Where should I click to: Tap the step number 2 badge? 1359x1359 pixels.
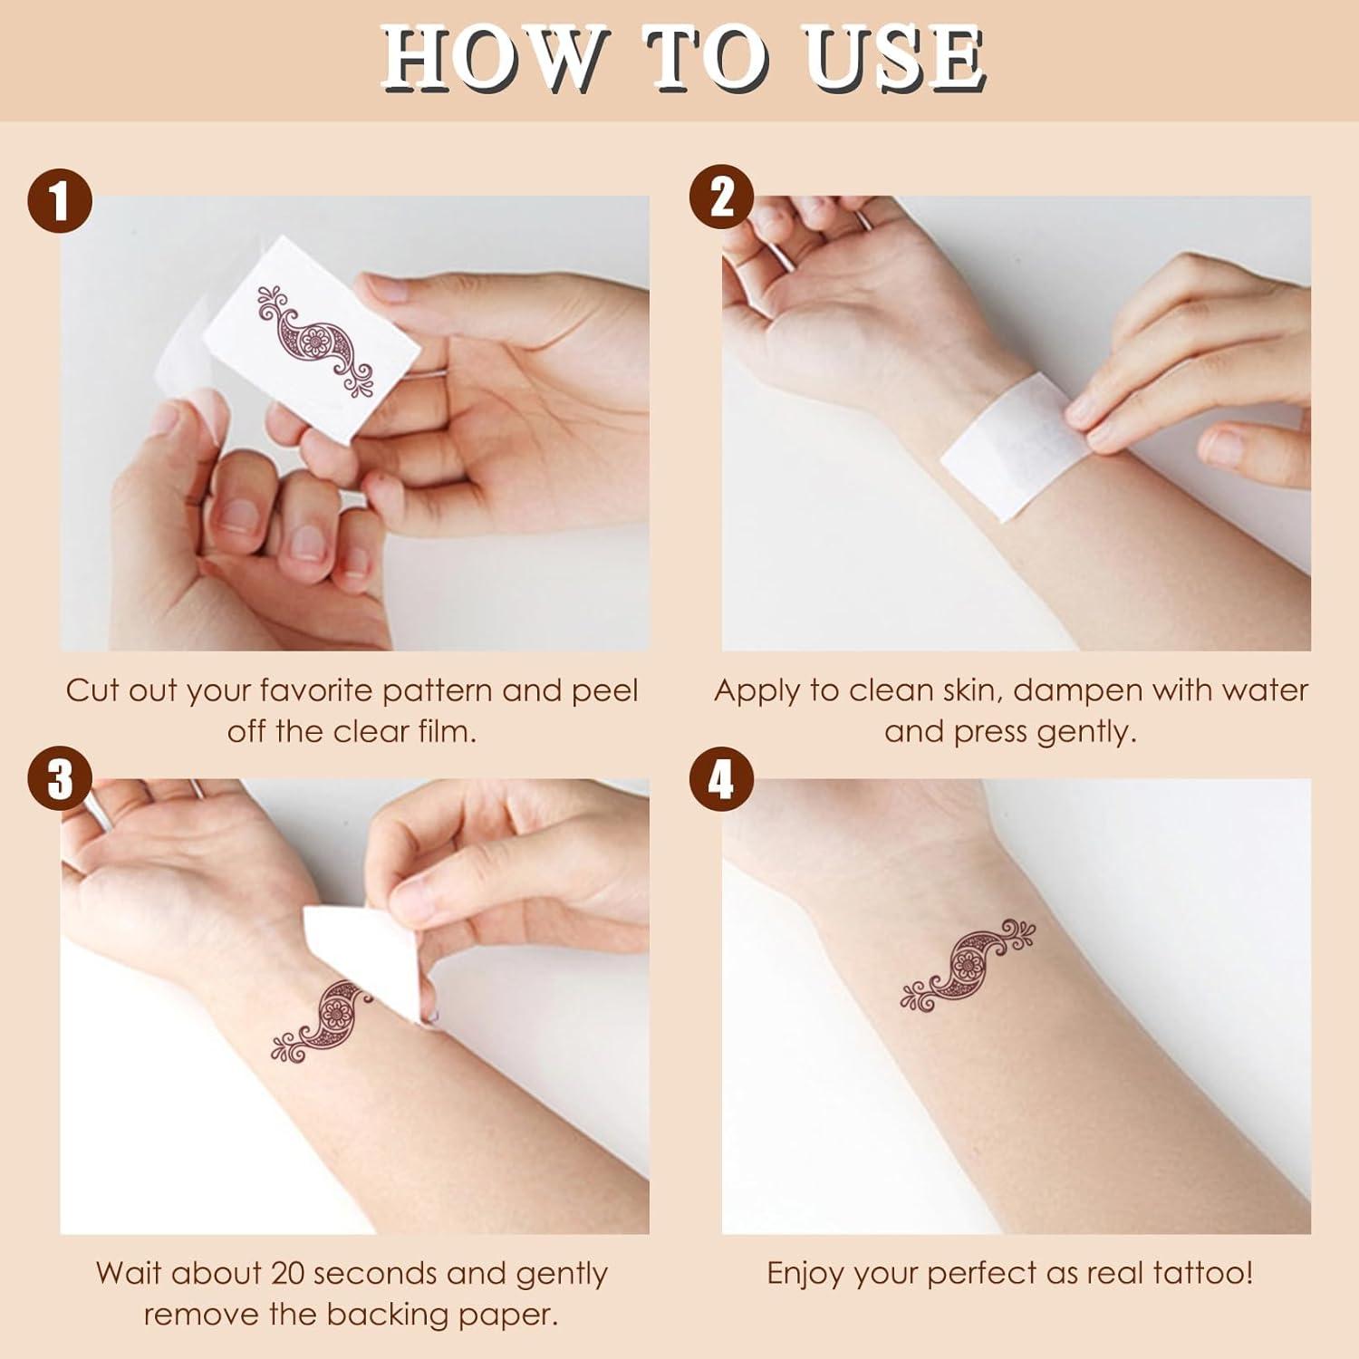721,197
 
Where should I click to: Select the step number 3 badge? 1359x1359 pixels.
60,779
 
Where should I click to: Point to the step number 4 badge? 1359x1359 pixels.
721,778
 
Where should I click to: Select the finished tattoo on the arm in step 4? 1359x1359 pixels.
968,968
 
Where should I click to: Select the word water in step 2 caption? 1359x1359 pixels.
1265,690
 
